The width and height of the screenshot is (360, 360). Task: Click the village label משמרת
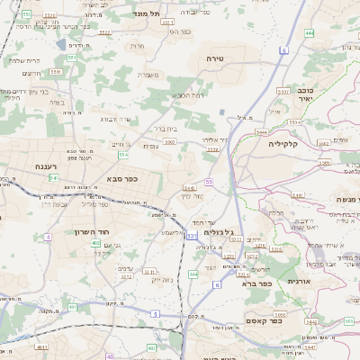click(x=148, y=74)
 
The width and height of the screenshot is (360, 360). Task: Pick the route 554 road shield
click(x=122, y=154)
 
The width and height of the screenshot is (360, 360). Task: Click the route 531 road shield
click(x=191, y=236)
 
